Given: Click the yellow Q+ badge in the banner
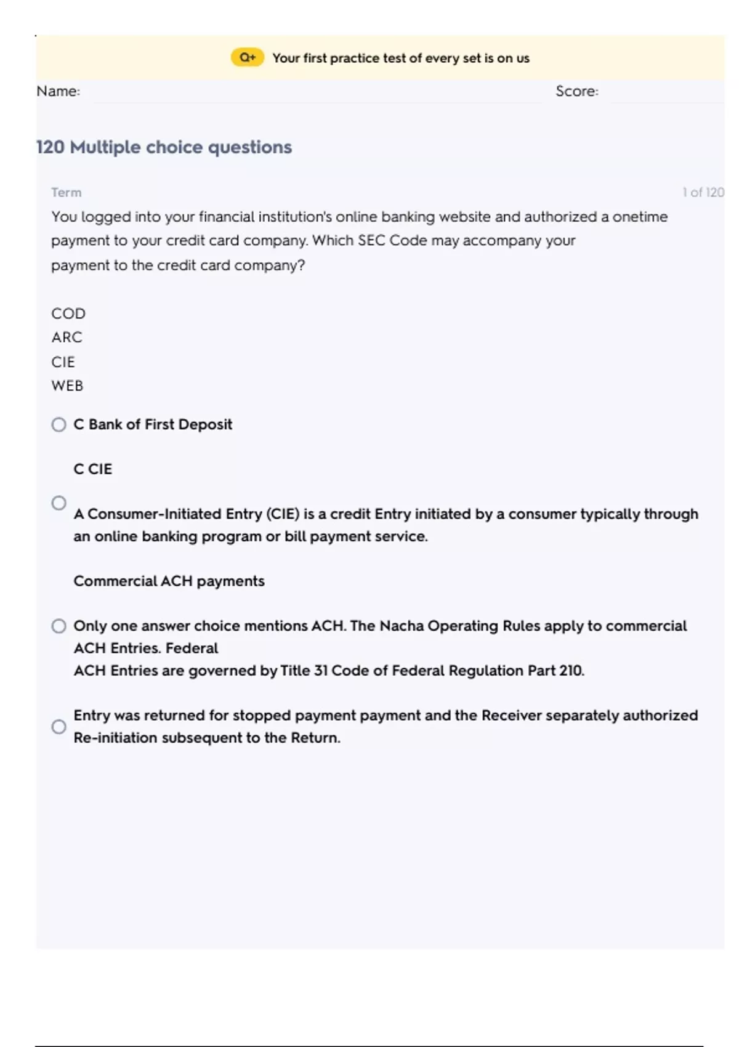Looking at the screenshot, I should point(248,58).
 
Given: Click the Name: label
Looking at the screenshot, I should point(58,91).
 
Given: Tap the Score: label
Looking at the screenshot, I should point(576,91).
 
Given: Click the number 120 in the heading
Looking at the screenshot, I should point(50,147).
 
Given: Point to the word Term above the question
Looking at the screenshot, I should point(66,192).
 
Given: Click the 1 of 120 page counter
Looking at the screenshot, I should point(703,192).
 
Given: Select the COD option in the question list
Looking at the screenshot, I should point(68,313).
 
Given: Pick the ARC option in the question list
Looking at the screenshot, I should point(67,338).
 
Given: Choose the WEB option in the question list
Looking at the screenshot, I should point(67,386).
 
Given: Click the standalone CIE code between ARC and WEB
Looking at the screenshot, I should point(63,362).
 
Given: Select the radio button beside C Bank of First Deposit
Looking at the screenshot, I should point(59,425).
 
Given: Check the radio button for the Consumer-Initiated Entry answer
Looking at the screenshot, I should point(59,503).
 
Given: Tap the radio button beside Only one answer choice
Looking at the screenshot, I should point(59,626).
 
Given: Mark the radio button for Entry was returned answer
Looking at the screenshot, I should point(59,727).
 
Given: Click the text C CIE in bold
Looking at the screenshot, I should point(92,469).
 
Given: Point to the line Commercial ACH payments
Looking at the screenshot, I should point(169,581).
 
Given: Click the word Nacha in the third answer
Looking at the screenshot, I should point(401,626).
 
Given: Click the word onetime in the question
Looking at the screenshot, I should point(640,217).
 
